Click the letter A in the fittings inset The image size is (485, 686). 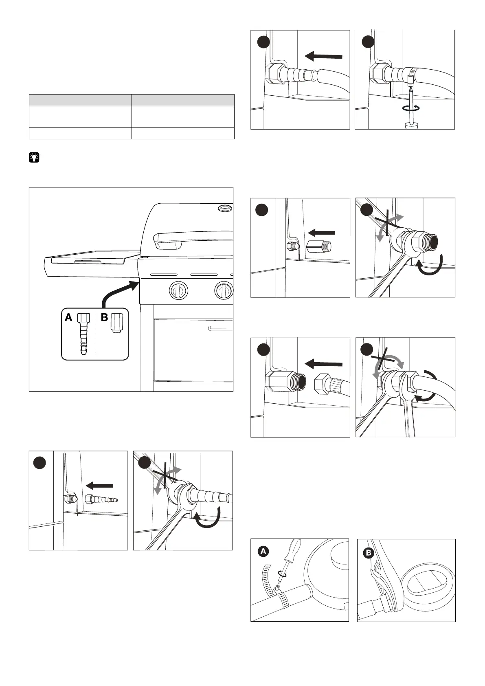click(68, 318)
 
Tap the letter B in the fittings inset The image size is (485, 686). click(105, 318)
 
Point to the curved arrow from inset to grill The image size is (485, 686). click(118, 292)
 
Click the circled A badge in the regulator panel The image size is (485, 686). click(263, 552)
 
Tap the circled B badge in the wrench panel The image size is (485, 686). click(368, 553)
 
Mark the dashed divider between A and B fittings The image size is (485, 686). click(95, 332)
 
